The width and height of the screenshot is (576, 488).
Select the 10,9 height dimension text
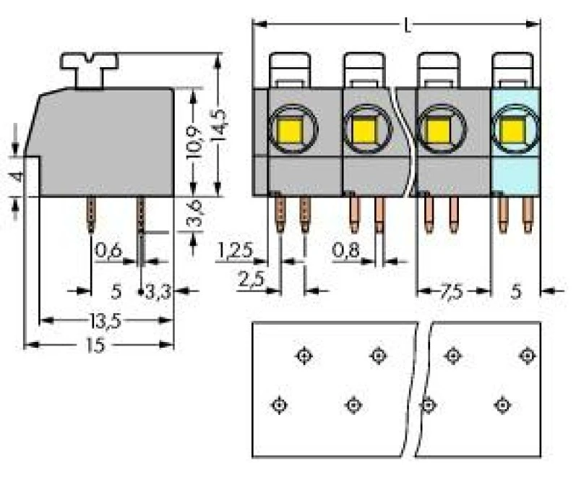click(194, 142)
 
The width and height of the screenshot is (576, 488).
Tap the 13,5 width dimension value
click(105, 321)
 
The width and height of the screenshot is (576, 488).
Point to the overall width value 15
click(95, 346)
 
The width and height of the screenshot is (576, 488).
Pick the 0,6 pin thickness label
click(108, 251)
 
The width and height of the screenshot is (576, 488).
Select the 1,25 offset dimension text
click(235, 250)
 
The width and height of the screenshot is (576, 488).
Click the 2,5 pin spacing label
click(251, 279)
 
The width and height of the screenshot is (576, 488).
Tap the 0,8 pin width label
click(345, 250)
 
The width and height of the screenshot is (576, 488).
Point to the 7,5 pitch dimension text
click(452, 292)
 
